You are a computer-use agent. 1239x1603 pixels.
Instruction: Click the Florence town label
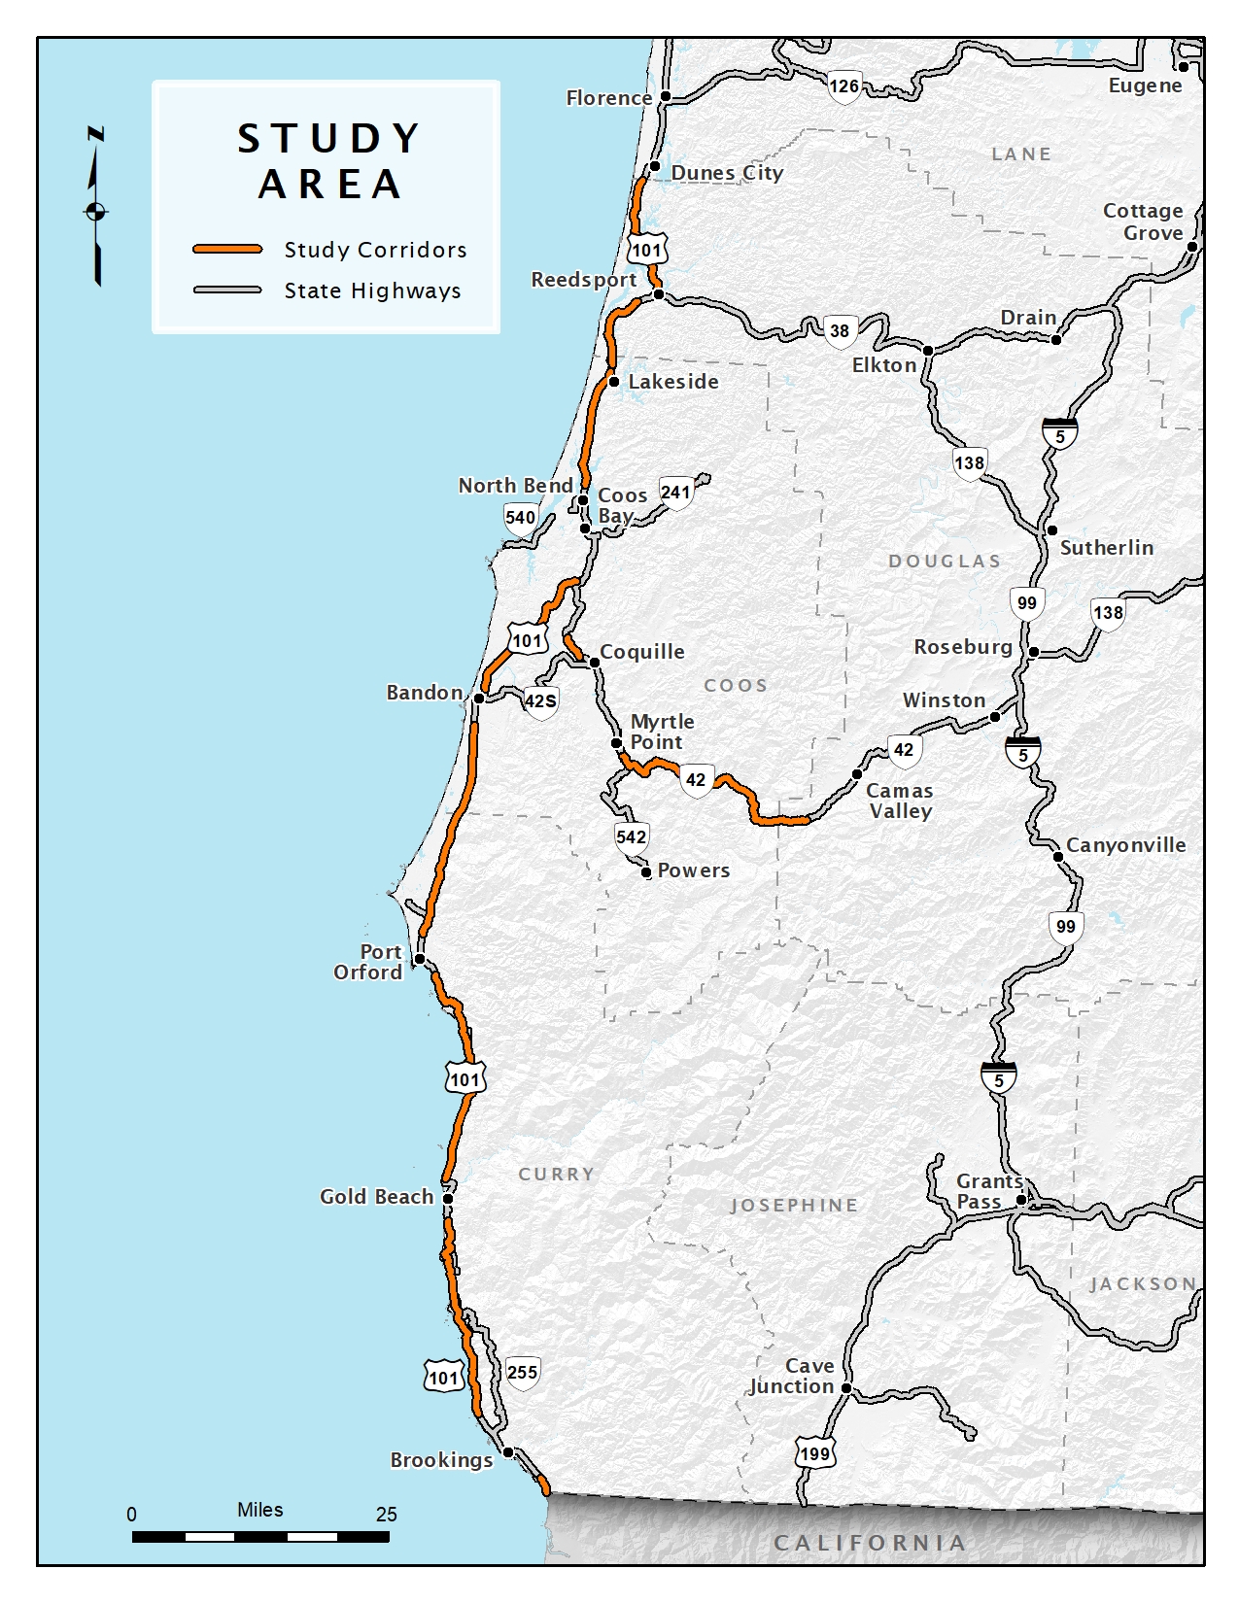(608, 98)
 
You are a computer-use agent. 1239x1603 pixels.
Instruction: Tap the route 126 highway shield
(843, 86)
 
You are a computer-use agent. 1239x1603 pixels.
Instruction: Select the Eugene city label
(1145, 85)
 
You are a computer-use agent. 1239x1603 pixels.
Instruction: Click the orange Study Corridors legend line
(227, 250)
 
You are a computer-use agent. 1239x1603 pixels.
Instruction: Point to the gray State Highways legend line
(227, 290)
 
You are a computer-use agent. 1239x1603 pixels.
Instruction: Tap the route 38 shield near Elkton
(840, 331)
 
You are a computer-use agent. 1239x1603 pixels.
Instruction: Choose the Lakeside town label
(672, 382)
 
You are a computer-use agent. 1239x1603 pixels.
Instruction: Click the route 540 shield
(520, 518)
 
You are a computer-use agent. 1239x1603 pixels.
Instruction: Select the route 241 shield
(675, 493)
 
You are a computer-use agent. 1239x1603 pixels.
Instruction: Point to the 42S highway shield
(540, 701)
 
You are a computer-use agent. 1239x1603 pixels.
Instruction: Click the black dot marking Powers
(646, 872)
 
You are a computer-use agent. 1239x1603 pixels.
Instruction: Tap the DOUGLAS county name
(944, 562)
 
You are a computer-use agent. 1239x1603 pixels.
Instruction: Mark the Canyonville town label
(1125, 845)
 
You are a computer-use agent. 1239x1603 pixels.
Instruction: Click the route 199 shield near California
(814, 1454)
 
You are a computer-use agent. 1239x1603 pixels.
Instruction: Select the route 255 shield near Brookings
(522, 1373)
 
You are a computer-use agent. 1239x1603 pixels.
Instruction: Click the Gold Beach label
(376, 1197)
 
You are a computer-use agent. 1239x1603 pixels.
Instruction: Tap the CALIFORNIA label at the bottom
(870, 1543)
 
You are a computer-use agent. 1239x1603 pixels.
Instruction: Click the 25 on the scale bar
(386, 1515)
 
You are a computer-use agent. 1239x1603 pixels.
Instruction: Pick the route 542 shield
(631, 837)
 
